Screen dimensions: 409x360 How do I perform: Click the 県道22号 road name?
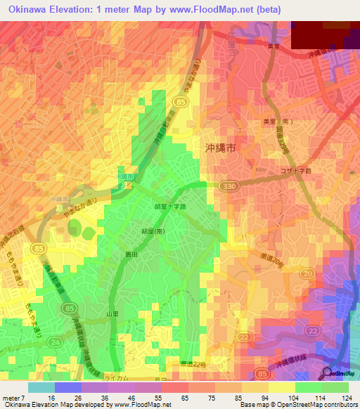[x=191, y=363]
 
